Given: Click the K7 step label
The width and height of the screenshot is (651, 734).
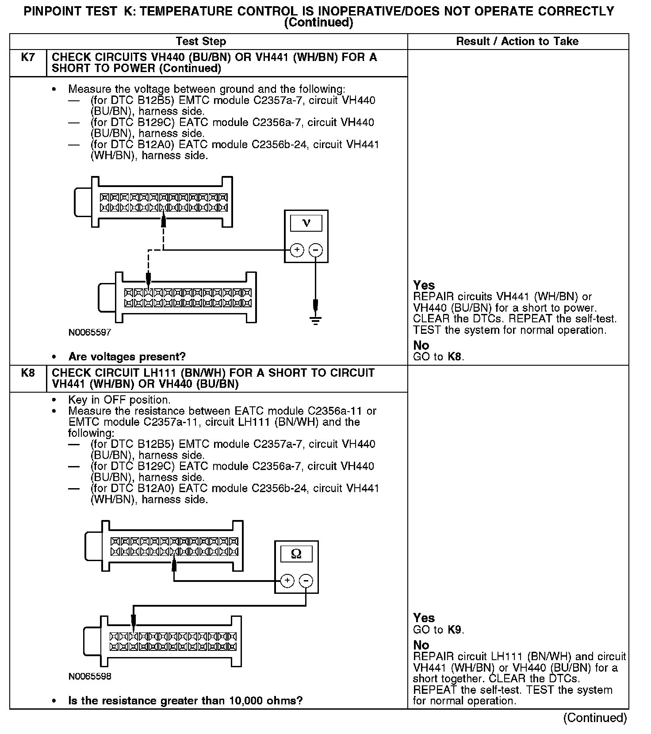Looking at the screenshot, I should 28,57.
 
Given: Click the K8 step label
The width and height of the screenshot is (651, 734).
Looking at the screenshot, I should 28,373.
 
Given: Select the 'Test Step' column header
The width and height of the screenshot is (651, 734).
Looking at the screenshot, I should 201,42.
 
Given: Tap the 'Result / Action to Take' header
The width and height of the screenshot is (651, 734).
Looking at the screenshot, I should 517,42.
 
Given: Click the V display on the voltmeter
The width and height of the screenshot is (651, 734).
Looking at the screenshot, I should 306,223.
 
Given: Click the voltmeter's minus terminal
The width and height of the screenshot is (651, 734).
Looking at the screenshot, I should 315,250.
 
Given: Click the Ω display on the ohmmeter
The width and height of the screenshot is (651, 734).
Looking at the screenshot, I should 296,554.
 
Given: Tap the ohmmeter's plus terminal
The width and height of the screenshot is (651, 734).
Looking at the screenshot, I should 287,580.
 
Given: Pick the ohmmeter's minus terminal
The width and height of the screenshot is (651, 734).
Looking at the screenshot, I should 306,580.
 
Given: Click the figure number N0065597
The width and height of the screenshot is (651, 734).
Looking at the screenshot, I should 90,332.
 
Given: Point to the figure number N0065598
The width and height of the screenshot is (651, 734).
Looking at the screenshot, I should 90,676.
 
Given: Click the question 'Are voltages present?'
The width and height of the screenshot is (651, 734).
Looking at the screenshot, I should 127,356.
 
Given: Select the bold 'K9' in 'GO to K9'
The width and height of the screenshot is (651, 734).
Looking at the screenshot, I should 455,630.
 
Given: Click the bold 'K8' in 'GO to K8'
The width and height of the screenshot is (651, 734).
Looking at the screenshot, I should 455,356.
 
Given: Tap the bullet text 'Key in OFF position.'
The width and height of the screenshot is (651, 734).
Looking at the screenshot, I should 119,400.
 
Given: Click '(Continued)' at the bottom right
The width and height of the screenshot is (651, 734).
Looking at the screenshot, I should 595,718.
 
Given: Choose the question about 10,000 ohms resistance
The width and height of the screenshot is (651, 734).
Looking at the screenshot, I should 185,700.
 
